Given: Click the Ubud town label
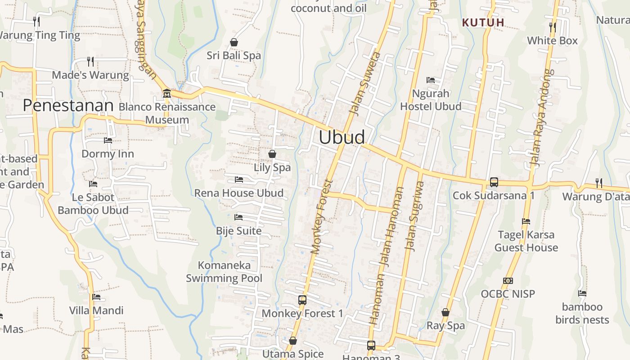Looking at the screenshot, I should pyautogui.click(x=342, y=137).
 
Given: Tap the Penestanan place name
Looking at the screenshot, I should pyautogui.click(x=68, y=105).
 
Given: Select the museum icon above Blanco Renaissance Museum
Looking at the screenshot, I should pyautogui.click(x=167, y=94).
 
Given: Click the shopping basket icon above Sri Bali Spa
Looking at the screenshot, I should pyautogui.click(x=234, y=43).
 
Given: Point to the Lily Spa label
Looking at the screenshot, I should pyautogui.click(x=272, y=167).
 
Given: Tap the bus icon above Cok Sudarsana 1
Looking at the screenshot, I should pyautogui.click(x=494, y=182).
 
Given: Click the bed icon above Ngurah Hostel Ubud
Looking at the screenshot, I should pyautogui.click(x=431, y=80).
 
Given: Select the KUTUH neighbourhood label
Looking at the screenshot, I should pyautogui.click(x=483, y=22).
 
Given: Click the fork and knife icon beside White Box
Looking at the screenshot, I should pyautogui.click(x=552, y=27).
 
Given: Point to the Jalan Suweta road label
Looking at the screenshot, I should pyautogui.click(x=365, y=83).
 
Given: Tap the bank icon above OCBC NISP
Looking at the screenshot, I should pyautogui.click(x=508, y=281).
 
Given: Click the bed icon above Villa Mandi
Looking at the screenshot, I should pyautogui.click(x=96, y=297).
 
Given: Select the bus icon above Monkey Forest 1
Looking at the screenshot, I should pyautogui.click(x=302, y=300).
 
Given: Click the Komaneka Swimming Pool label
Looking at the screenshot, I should pyautogui.click(x=224, y=272).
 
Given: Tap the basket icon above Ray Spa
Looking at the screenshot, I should pyautogui.click(x=445, y=312).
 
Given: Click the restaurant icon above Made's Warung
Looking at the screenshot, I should pyautogui.click(x=90, y=61).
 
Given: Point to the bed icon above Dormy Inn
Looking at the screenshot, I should pyautogui.click(x=108, y=140).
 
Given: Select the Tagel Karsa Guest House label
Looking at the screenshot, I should pyautogui.click(x=526, y=241).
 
